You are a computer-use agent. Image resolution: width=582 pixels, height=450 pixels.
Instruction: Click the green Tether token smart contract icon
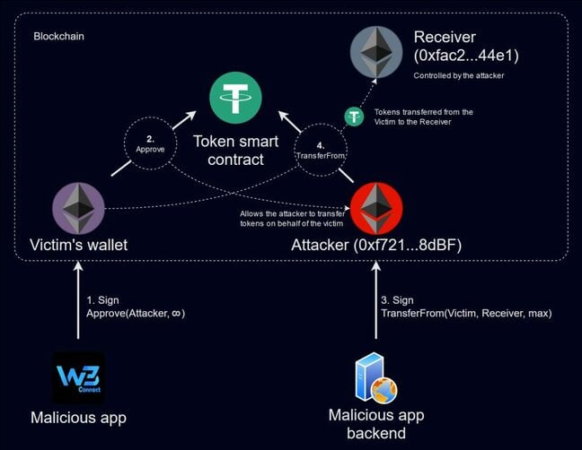pyautogui.click(x=235, y=98)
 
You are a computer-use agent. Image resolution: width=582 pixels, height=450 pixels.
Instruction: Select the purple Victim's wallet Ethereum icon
pyautogui.click(x=79, y=208)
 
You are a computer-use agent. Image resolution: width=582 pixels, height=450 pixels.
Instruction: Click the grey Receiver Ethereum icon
pyautogui.click(x=375, y=52)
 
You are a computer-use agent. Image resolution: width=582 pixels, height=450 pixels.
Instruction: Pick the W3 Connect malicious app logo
pyautogui.click(x=78, y=377)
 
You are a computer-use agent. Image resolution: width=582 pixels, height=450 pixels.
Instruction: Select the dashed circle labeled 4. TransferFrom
pyautogui.click(x=320, y=148)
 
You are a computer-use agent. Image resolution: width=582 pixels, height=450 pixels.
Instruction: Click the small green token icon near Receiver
pyautogui.click(x=354, y=117)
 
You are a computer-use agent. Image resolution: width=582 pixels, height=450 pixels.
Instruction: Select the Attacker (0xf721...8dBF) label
pyautogui.click(x=376, y=244)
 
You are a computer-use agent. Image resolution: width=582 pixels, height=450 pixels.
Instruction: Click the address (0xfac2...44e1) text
pyautogui.click(x=466, y=56)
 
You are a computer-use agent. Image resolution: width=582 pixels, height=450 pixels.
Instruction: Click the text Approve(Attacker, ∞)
pyautogui.click(x=136, y=313)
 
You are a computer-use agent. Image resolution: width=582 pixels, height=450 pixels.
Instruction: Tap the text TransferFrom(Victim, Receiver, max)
pyautogui.click(x=466, y=313)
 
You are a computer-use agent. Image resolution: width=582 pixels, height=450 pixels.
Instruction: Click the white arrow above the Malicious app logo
pyautogui.click(x=78, y=299)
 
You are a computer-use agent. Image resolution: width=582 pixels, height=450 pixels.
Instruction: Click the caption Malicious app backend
pyautogui.click(x=375, y=424)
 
